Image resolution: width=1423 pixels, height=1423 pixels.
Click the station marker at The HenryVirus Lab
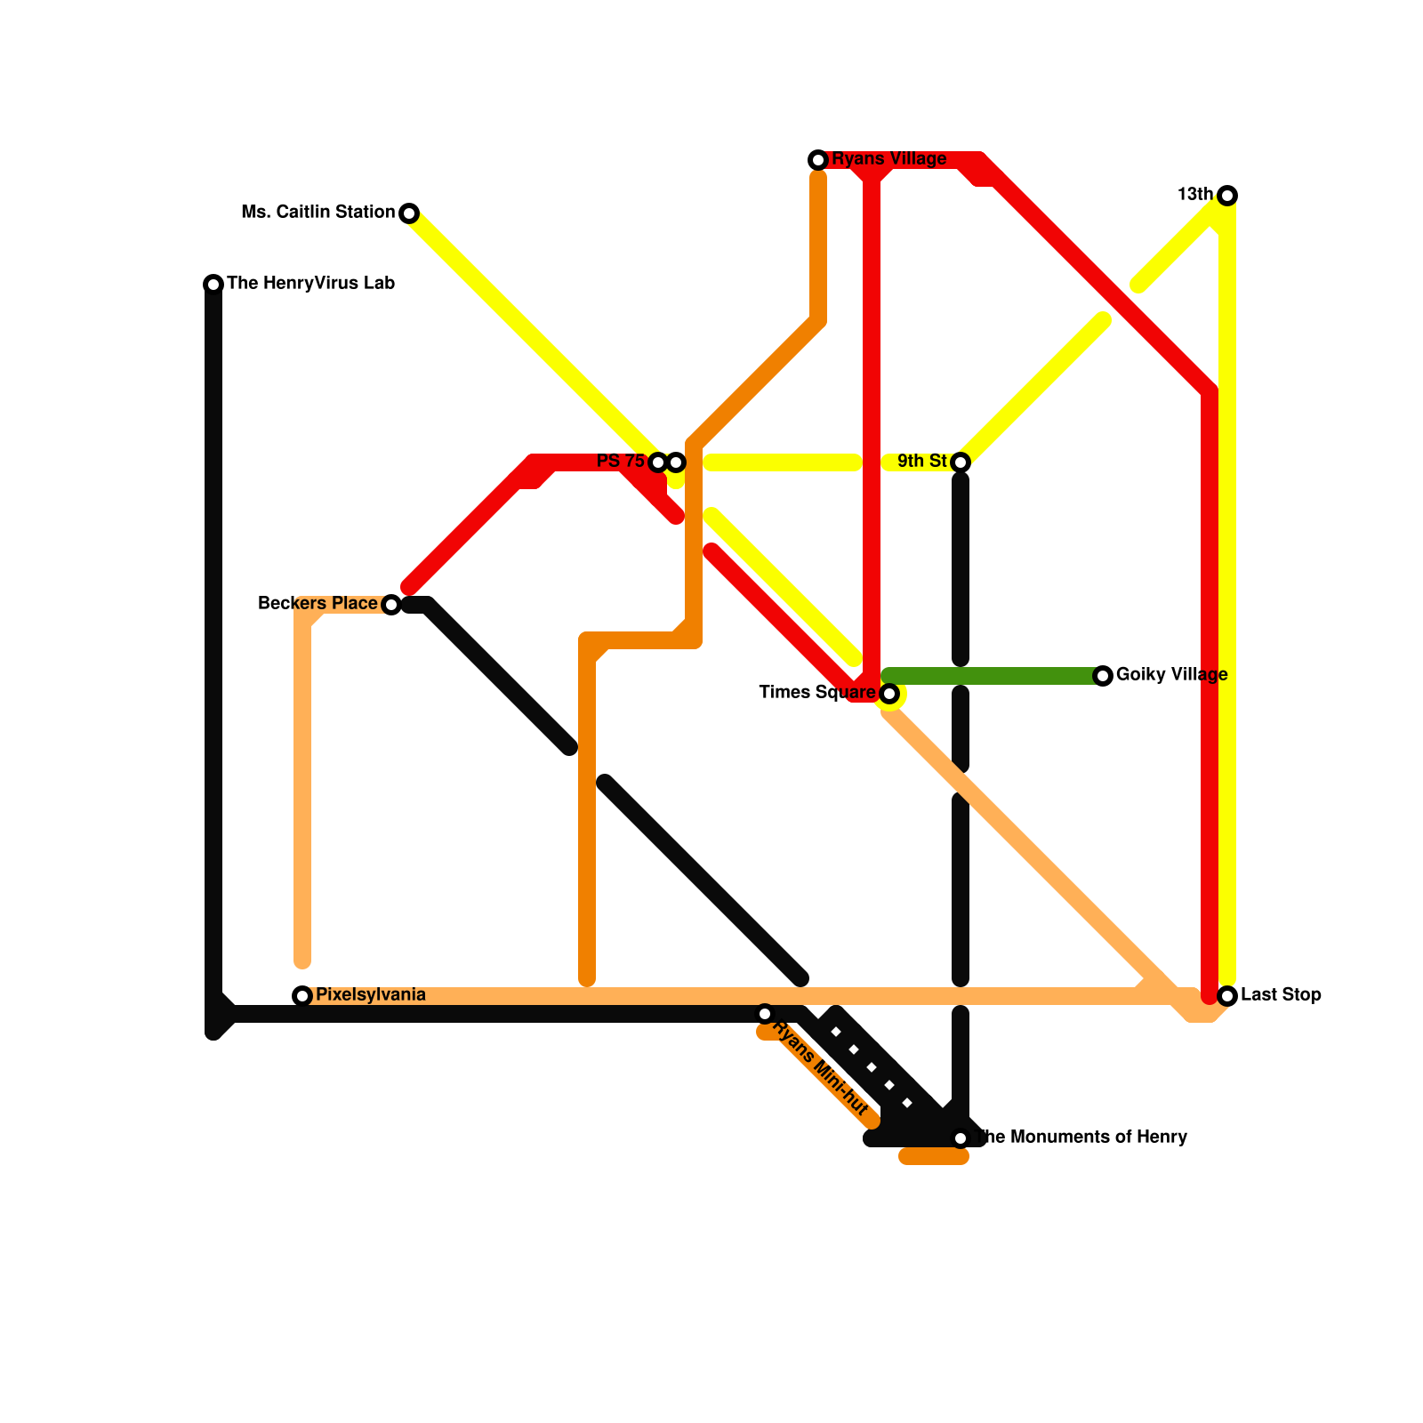(x=213, y=285)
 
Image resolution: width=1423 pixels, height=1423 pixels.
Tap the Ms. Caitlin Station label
(x=318, y=213)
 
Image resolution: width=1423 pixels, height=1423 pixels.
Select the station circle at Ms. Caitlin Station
(x=409, y=213)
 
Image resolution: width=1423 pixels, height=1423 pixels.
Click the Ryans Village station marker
(x=818, y=160)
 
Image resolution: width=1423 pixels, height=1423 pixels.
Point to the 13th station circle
(x=1227, y=196)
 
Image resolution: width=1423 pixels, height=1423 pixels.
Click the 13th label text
(x=1194, y=195)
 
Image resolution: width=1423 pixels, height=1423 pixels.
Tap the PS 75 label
(x=620, y=462)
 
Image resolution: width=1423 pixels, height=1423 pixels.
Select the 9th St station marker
(x=961, y=462)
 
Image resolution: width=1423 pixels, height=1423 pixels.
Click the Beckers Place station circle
(x=391, y=605)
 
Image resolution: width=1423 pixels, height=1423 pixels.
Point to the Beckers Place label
(x=317, y=604)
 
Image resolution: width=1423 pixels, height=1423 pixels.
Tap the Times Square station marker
(x=889, y=694)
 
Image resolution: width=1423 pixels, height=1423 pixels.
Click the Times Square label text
(x=816, y=693)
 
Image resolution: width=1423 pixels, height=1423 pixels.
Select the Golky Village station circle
(x=1103, y=676)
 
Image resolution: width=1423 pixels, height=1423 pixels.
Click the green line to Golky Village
(x=996, y=676)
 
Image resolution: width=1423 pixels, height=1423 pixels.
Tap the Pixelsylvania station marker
(x=302, y=996)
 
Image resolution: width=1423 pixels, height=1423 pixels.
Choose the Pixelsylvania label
(x=370, y=995)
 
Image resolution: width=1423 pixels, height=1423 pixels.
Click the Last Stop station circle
(x=1227, y=996)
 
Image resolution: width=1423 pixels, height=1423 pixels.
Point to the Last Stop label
(x=1281, y=995)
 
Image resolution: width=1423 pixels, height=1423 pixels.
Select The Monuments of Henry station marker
(x=961, y=1138)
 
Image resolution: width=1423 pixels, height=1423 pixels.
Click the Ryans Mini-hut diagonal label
(x=820, y=1070)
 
